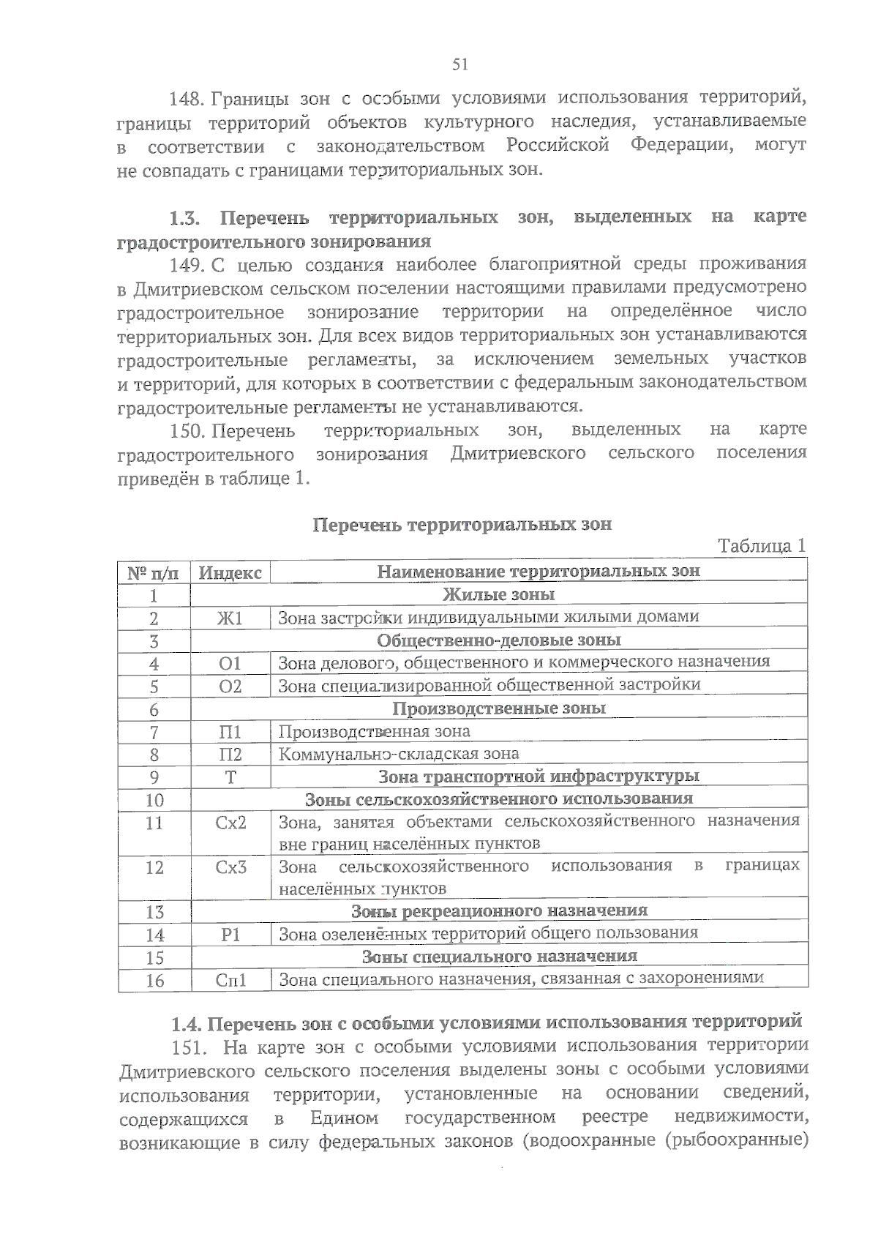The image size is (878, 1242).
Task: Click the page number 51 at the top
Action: tap(460, 64)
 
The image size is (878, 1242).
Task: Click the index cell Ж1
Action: tap(230, 618)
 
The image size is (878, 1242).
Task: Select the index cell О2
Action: tap(230, 687)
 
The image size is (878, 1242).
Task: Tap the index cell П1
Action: tap(230, 732)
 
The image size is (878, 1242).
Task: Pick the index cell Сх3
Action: tap(231, 867)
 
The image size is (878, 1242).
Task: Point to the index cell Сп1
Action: tap(231, 980)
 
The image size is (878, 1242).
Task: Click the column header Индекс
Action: tap(230, 572)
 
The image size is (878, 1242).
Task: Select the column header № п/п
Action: tap(154, 572)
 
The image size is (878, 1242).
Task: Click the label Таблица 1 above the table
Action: tap(762, 546)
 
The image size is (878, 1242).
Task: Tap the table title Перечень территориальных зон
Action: tap(462, 525)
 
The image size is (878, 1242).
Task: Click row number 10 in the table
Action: tap(154, 800)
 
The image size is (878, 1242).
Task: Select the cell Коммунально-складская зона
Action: tap(399, 754)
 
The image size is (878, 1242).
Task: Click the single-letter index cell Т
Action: tap(230, 777)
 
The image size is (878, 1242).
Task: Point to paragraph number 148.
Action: tap(188, 99)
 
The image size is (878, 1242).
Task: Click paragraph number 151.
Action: tap(188, 1048)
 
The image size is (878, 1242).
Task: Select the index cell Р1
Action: tap(230, 935)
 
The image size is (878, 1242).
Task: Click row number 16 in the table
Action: tap(154, 981)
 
